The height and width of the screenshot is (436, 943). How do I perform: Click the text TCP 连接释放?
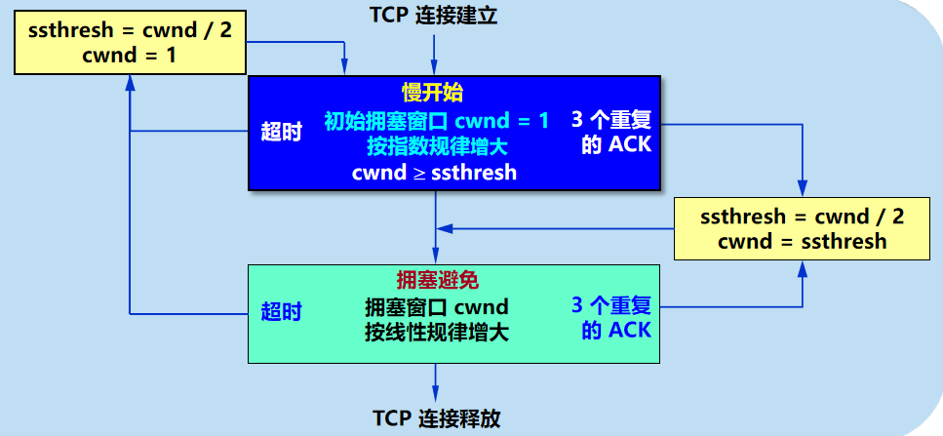(x=436, y=418)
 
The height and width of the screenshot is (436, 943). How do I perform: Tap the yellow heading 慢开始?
(x=432, y=93)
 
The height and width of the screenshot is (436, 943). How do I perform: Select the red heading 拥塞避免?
(x=435, y=281)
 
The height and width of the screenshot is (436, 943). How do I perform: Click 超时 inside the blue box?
(x=282, y=133)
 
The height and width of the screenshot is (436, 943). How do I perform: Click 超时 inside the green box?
(x=282, y=312)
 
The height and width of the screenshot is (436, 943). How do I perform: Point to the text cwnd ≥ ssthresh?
(x=434, y=173)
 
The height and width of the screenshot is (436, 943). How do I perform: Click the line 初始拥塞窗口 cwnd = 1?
(x=436, y=122)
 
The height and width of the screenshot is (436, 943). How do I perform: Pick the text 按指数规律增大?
(x=436, y=147)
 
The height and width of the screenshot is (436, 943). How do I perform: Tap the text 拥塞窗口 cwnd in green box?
(x=436, y=308)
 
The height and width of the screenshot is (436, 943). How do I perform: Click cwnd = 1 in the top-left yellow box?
(x=131, y=56)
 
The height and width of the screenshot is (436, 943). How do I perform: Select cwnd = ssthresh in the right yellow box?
(x=803, y=242)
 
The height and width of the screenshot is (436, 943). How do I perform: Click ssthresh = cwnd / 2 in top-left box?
(x=131, y=30)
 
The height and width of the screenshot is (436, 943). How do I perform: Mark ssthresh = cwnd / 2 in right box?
(x=803, y=217)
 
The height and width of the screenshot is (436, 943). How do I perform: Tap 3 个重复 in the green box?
(x=611, y=304)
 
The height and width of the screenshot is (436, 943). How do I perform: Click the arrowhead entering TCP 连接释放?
(x=436, y=395)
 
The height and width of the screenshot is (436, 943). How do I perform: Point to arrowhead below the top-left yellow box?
(x=131, y=83)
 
